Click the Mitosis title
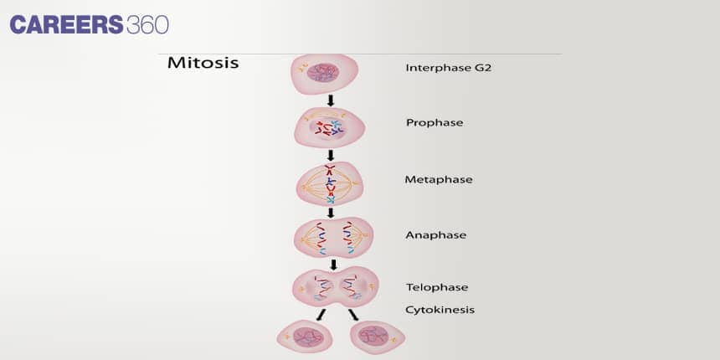tap(203, 63)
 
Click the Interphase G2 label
tap(448, 68)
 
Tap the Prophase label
tap(435, 122)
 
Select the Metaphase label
tap(439, 179)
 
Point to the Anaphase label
tap(436, 235)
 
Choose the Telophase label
tap(437, 287)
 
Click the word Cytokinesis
tap(440, 309)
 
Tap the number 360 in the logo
tap(147, 25)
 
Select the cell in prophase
tap(330, 127)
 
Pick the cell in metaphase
tap(330, 183)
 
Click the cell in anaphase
tap(332, 237)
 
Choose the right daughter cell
tap(376, 336)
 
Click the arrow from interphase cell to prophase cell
tap(331, 100)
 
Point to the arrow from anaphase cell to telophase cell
tap(333, 265)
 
